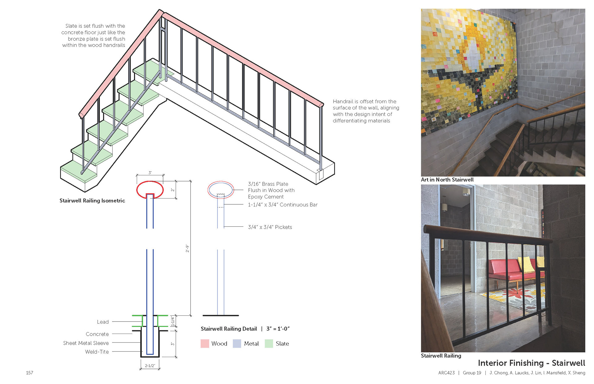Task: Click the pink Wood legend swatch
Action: [x=205, y=343]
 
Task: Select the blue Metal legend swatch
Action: [x=237, y=343]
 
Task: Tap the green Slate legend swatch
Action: [x=269, y=343]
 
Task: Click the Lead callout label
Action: [x=103, y=322]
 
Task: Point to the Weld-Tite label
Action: [x=97, y=352]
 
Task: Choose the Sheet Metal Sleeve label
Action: [x=86, y=343]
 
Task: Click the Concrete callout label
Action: [x=97, y=334]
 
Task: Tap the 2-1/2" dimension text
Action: [x=150, y=366]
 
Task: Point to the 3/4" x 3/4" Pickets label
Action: [x=270, y=227]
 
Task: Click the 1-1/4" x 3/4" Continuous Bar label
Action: [x=282, y=205]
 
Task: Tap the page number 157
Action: [x=29, y=373]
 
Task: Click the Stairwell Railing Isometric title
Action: [x=92, y=201]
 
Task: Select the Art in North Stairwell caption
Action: [x=447, y=180]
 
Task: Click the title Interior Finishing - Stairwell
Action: [x=531, y=363]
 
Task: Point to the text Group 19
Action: [x=472, y=373]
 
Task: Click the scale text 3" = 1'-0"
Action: [x=278, y=329]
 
